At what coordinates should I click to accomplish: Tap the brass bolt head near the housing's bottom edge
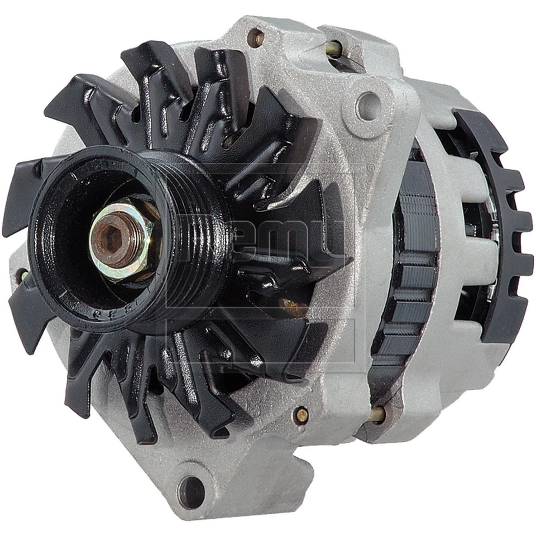[x=302, y=414]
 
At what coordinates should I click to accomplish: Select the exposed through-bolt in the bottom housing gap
[x=377, y=414]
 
